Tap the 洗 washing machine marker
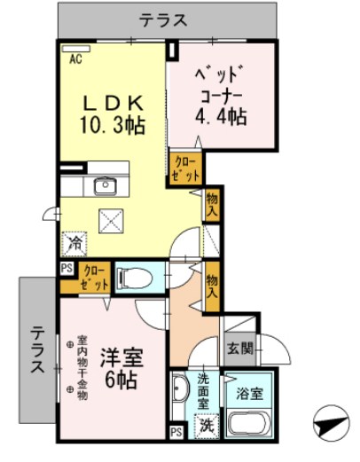(x=205, y=424)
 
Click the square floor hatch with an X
(x=113, y=219)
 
